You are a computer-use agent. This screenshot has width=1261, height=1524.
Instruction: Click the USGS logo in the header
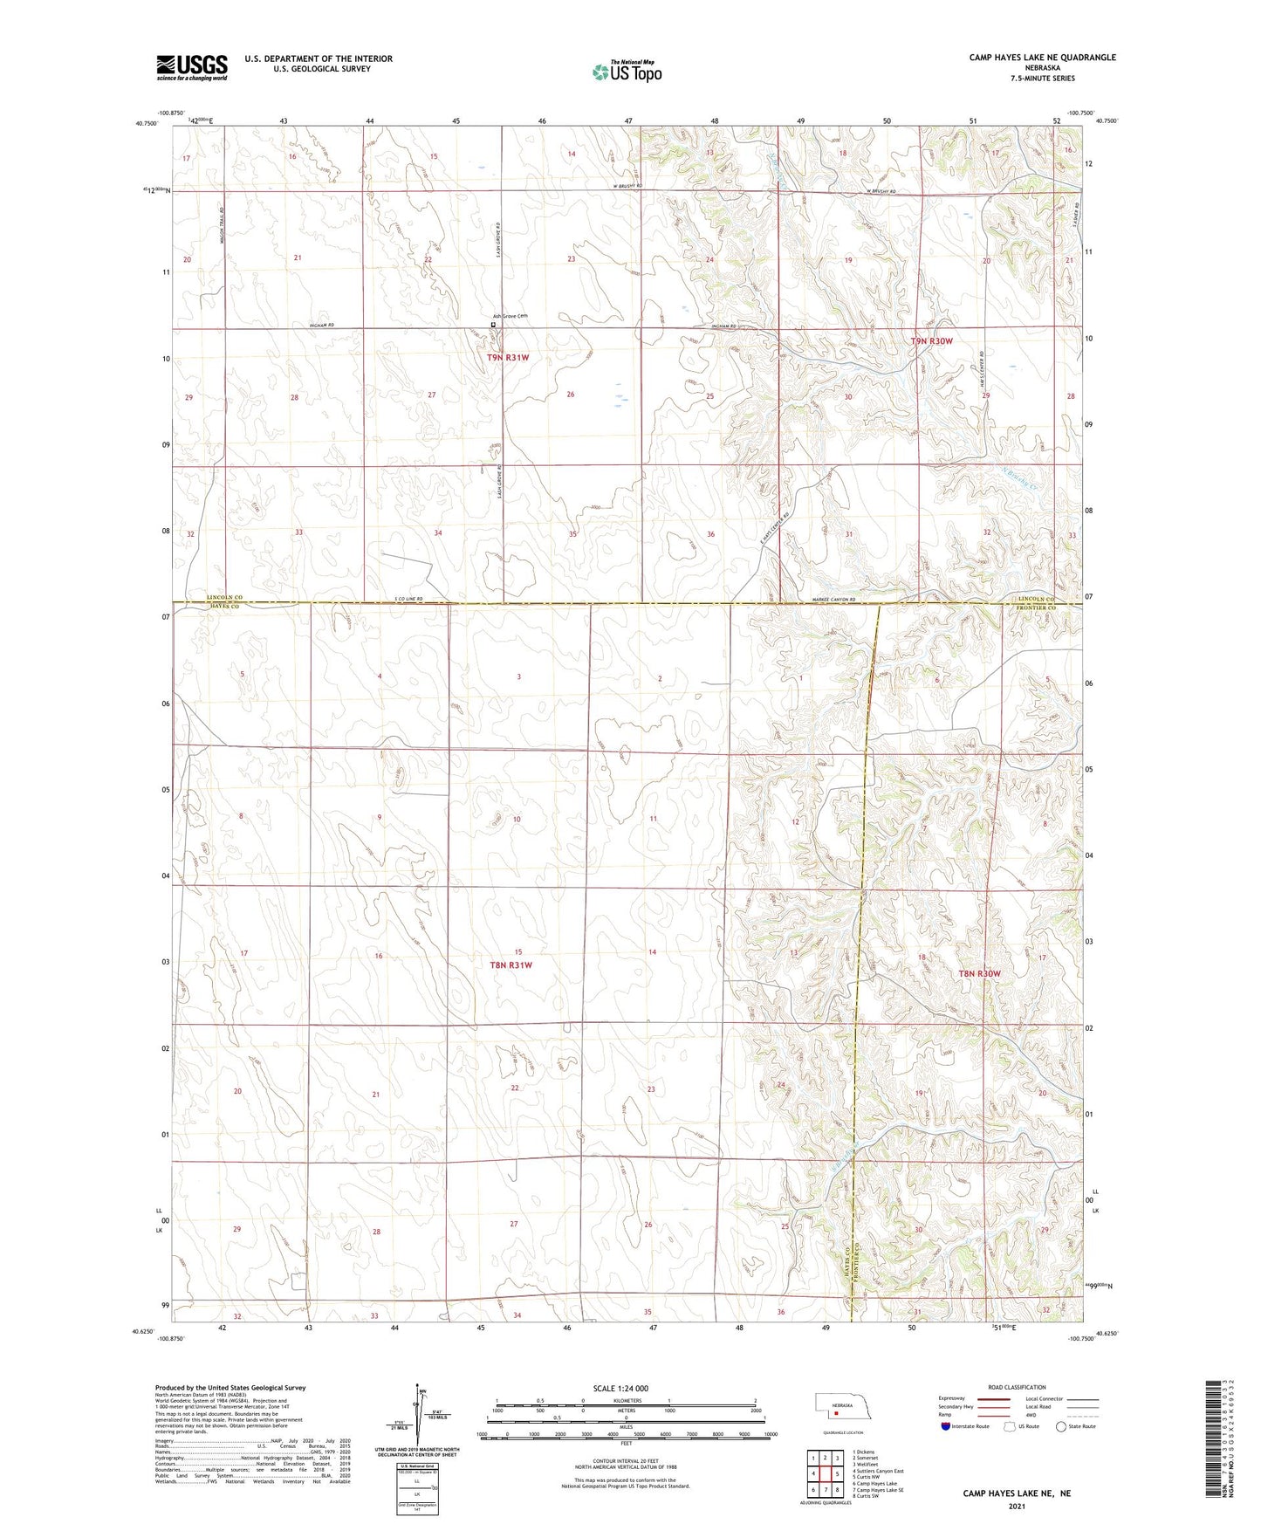click(192, 67)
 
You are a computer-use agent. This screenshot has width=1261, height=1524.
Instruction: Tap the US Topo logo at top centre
click(626, 72)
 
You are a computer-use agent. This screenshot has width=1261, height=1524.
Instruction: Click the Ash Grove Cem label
click(511, 316)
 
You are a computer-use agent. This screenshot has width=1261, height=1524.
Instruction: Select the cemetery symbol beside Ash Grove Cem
click(493, 325)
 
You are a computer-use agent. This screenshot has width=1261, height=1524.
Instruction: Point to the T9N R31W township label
click(508, 357)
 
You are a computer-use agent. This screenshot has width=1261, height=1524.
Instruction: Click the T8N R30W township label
click(979, 973)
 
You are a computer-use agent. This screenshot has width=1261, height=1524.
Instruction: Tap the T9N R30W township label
click(931, 341)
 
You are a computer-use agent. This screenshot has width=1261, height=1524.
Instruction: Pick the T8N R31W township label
click(510, 965)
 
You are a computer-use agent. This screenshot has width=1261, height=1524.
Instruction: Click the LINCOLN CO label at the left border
click(224, 597)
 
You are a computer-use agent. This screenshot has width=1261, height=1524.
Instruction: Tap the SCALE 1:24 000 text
click(620, 1389)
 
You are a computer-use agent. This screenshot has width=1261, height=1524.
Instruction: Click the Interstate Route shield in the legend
click(946, 1426)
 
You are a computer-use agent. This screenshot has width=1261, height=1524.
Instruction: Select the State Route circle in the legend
click(1061, 1426)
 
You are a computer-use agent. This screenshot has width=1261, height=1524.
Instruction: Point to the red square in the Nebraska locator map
click(835, 1411)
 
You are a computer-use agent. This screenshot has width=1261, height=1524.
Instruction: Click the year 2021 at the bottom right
click(1017, 1507)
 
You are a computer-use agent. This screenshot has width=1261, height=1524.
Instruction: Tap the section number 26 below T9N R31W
click(571, 395)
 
